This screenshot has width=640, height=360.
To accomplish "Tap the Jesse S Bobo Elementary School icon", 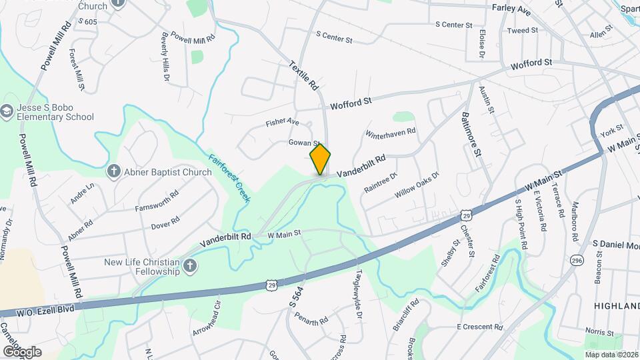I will (x=7, y=111).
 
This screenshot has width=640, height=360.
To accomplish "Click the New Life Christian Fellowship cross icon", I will (x=190, y=267).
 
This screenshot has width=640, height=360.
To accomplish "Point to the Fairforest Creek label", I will (x=225, y=175).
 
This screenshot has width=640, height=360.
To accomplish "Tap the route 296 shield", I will (x=576, y=259).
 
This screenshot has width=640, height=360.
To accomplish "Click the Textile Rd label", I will (x=305, y=76).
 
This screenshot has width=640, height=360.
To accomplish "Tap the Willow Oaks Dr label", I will (x=417, y=185).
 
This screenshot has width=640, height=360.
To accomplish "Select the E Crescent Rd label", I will (x=479, y=327).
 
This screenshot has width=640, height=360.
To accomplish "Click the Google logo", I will (x=21, y=352).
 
